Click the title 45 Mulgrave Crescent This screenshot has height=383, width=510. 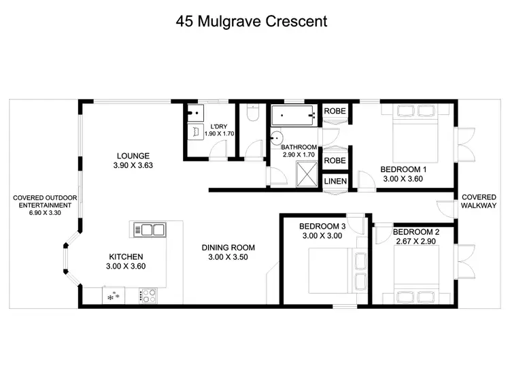pos(251,21)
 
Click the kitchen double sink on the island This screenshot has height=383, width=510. pos(150,229)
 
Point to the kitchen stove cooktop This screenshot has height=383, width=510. pos(149,295)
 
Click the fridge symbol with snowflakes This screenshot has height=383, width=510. pos(112,296)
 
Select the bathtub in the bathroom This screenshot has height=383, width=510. pos(292,116)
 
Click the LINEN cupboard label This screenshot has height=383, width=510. pos(335,182)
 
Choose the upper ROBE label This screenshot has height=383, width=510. pos(335,111)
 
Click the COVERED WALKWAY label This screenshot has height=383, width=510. pos(479,201)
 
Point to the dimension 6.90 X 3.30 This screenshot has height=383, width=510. pos(45,213)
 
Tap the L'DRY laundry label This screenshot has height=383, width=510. pos(219,127)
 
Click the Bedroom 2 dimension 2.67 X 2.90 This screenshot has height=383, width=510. pos(415,242)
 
